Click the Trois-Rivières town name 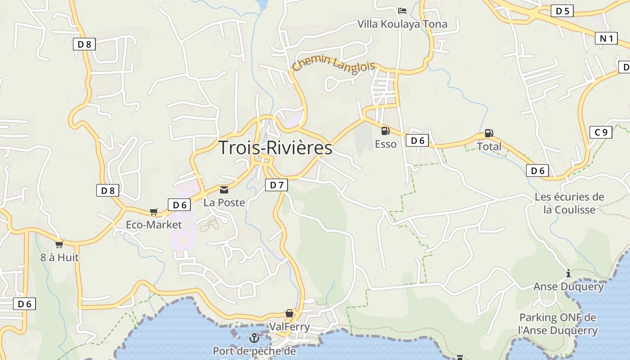click(x=275, y=148)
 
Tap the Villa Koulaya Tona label click(x=402, y=24)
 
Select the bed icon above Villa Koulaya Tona click(x=402, y=10)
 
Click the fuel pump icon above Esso click(x=386, y=131)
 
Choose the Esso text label click(x=386, y=144)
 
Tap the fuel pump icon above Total click(x=489, y=133)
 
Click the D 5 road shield click(x=562, y=11)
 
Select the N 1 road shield click(x=606, y=39)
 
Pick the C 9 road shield click(x=601, y=132)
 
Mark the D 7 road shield click(x=276, y=184)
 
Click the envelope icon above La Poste click(x=224, y=190)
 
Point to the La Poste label click(x=224, y=202)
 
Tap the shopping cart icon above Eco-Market click(x=154, y=211)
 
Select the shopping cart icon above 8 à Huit click(x=59, y=244)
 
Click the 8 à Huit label click(x=59, y=257)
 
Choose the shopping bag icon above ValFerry click(x=289, y=313)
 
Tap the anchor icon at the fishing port click(x=254, y=337)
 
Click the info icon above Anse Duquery click(x=568, y=273)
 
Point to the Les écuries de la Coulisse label click(x=569, y=203)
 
